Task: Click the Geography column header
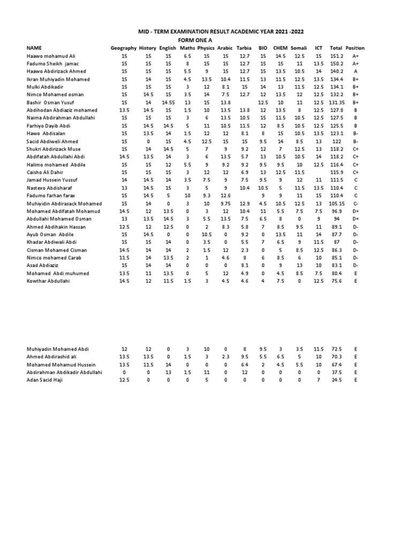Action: pos(124,48)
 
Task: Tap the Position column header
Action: pos(355,48)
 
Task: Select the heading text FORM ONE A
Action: pos(199,40)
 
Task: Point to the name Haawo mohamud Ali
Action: pos(51,56)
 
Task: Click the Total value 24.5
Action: pos(336,380)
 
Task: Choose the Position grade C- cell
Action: pos(355,203)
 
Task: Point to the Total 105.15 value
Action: pos(336,203)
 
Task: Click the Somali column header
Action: pos(299,48)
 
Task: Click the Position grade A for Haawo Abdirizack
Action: pos(355,71)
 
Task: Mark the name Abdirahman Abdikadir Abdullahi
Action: pos(64,372)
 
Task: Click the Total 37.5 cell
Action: pos(336,372)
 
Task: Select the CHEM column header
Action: pos(280,48)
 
